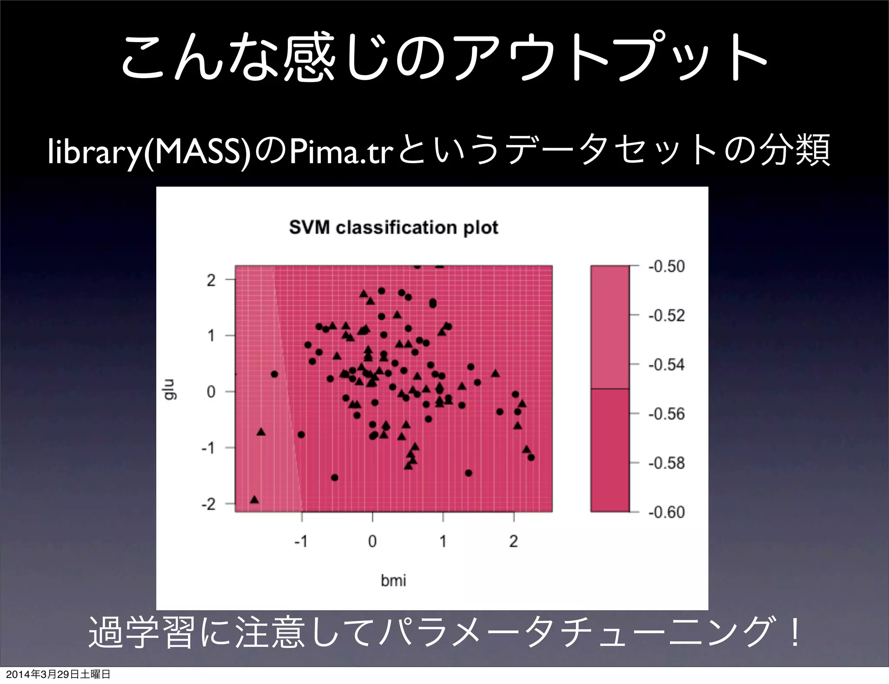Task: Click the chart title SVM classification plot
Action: coord(393,228)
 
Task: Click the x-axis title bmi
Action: coord(393,580)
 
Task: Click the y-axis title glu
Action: coord(171,389)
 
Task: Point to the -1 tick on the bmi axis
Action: coord(301,541)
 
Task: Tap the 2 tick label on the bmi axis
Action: coord(514,541)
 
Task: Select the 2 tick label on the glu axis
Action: coord(211,280)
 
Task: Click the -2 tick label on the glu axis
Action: coord(208,504)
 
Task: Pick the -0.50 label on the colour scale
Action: coord(666,266)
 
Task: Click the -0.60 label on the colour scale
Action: coord(666,512)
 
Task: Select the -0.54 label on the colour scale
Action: coord(666,365)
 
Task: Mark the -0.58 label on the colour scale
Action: coord(666,463)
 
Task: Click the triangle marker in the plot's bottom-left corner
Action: coord(255,500)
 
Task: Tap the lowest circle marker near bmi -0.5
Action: coord(334,477)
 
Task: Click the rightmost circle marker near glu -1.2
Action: coord(531,457)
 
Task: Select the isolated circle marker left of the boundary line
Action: coord(274,374)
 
